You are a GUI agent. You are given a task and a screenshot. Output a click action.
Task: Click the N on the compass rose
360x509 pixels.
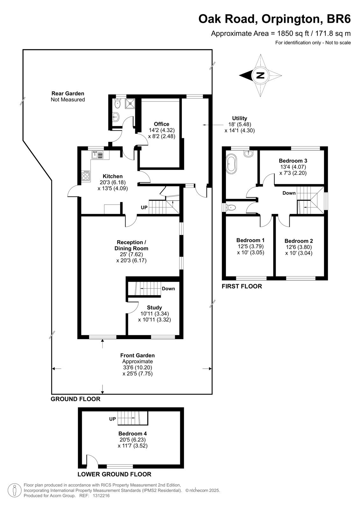260,75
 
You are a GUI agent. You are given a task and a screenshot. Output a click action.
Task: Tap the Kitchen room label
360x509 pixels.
113,176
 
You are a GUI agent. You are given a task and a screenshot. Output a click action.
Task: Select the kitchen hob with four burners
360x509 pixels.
86,176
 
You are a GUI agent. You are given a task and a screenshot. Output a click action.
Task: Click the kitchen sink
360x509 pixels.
97,155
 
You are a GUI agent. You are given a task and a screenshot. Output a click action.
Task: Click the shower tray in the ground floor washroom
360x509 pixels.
130,104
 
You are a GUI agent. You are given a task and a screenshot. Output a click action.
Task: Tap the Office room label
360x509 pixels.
161,124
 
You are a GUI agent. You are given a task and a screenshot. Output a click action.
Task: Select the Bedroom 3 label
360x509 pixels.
293,161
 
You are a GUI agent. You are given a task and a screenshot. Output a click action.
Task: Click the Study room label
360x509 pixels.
154,307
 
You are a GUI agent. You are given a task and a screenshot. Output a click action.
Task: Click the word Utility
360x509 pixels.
239,118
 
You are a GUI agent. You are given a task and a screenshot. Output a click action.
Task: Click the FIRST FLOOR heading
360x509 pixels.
242,286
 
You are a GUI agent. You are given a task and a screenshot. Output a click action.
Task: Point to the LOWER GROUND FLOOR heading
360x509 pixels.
114,474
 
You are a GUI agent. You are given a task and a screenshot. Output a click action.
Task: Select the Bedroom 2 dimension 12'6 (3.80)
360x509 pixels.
299,247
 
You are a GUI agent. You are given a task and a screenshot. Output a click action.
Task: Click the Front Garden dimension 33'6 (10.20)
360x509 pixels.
138,367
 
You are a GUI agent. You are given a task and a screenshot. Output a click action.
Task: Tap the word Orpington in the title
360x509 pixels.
292,19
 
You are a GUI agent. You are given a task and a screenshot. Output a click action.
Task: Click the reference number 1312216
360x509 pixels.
101,496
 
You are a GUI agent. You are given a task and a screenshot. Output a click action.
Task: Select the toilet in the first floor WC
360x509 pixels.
230,207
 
